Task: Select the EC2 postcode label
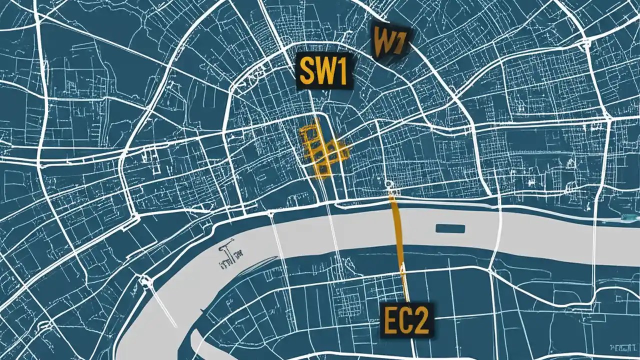(406, 318)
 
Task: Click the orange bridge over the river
(398, 235)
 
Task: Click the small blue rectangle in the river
(450, 228)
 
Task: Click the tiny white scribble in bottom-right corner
(622, 346)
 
